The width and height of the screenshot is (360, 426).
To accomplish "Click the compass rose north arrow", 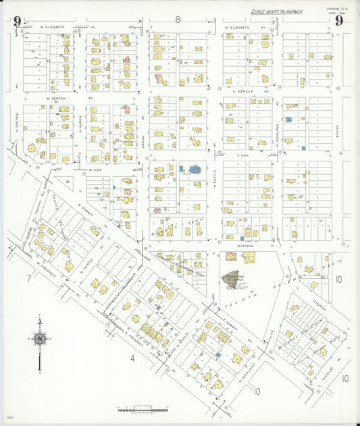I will point(40,338).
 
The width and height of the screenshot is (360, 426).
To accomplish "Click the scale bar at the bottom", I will point(142,409).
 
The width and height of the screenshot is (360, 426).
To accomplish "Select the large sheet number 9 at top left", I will point(16,21).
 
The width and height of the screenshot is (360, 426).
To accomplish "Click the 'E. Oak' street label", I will point(243,155).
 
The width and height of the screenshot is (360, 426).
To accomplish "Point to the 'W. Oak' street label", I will point(93,170).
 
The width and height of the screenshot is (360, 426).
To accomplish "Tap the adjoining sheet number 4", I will point(133,358).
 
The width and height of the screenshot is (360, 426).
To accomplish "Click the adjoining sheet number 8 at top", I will point(178,20).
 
